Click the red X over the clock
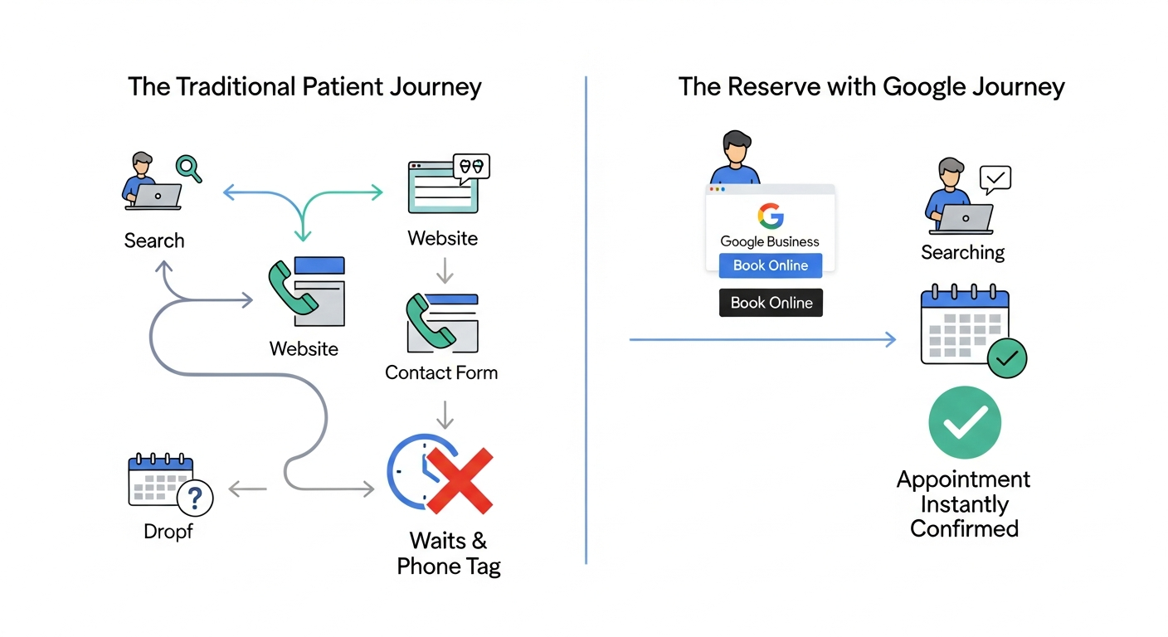tap(460, 480)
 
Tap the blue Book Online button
tap(770, 265)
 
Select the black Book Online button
tap(771, 303)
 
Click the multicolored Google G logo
tap(770, 216)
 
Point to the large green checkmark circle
tap(964, 423)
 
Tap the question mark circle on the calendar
tap(196, 498)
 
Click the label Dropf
tap(168, 532)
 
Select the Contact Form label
tap(441, 372)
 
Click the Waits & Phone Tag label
tap(449, 554)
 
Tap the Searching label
tap(962, 252)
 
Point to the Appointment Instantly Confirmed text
tap(964, 503)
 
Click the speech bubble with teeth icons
tap(470, 166)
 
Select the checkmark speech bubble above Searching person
tap(995, 177)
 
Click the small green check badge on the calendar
tap(1007, 358)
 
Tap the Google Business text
tap(769, 241)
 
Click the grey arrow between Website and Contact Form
tap(445, 270)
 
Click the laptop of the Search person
tap(157, 196)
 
